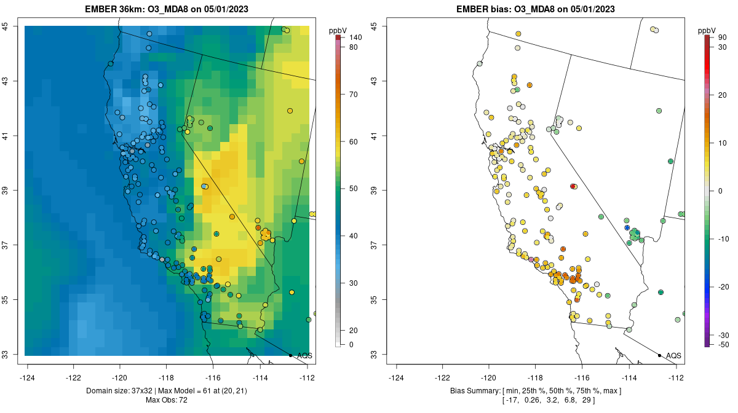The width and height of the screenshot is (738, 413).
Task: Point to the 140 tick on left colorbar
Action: click(x=355, y=37)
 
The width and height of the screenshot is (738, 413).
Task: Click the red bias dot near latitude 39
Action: click(x=573, y=186)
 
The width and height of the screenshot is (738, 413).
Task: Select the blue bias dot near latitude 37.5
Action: click(x=627, y=227)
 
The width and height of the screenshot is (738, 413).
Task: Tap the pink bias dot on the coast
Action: click(x=531, y=260)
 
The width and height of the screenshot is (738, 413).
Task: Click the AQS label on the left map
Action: click(x=304, y=355)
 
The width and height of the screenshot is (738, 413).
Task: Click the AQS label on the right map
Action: click(x=673, y=355)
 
